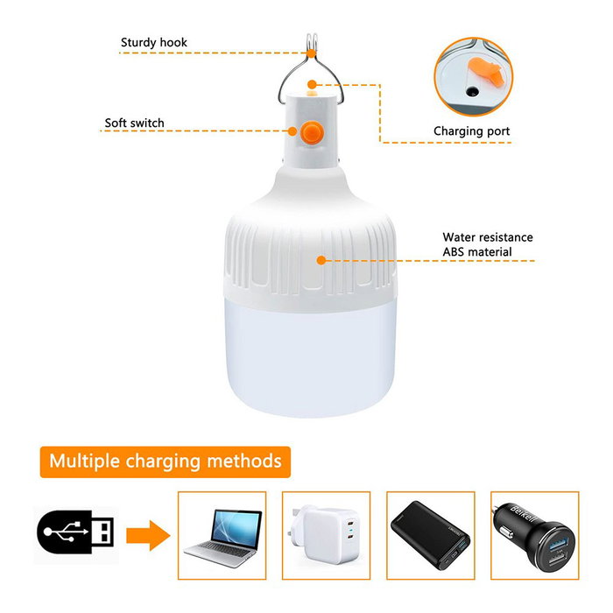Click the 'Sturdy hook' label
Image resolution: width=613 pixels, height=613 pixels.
[x=153, y=42]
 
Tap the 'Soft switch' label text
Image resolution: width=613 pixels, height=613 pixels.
[x=134, y=123]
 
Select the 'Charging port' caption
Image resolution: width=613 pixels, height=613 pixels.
[x=471, y=131]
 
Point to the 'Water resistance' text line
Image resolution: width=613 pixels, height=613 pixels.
[x=487, y=237]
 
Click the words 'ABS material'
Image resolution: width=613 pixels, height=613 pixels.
[x=477, y=252]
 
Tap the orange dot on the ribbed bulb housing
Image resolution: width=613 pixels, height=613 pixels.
[x=321, y=260]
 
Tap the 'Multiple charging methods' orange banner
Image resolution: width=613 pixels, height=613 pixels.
[x=166, y=460]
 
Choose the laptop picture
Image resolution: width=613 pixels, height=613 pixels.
[x=222, y=533]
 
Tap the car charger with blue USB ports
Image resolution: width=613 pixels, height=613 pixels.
[x=533, y=533]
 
